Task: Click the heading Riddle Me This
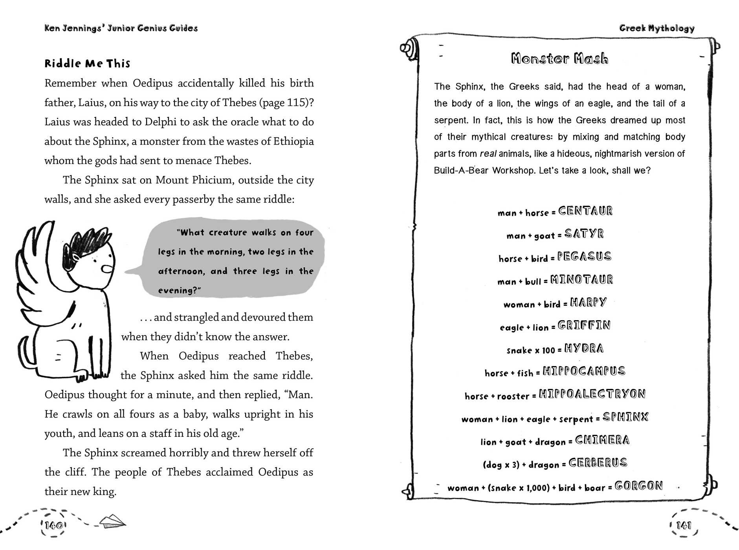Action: (87, 64)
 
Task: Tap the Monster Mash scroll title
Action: (559, 59)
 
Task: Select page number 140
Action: (53, 525)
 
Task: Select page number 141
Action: (684, 525)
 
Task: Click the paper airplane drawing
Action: (112, 522)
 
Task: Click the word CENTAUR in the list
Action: (585, 211)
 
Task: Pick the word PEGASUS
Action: (584, 257)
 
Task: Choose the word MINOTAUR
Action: (581, 280)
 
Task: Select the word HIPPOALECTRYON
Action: (592, 394)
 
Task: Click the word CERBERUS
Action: (598, 463)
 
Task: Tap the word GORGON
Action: (638, 486)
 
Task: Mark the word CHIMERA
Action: (602, 440)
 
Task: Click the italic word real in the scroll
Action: (488, 154)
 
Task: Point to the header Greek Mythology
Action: (657, 28)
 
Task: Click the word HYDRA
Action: (584, 348)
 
